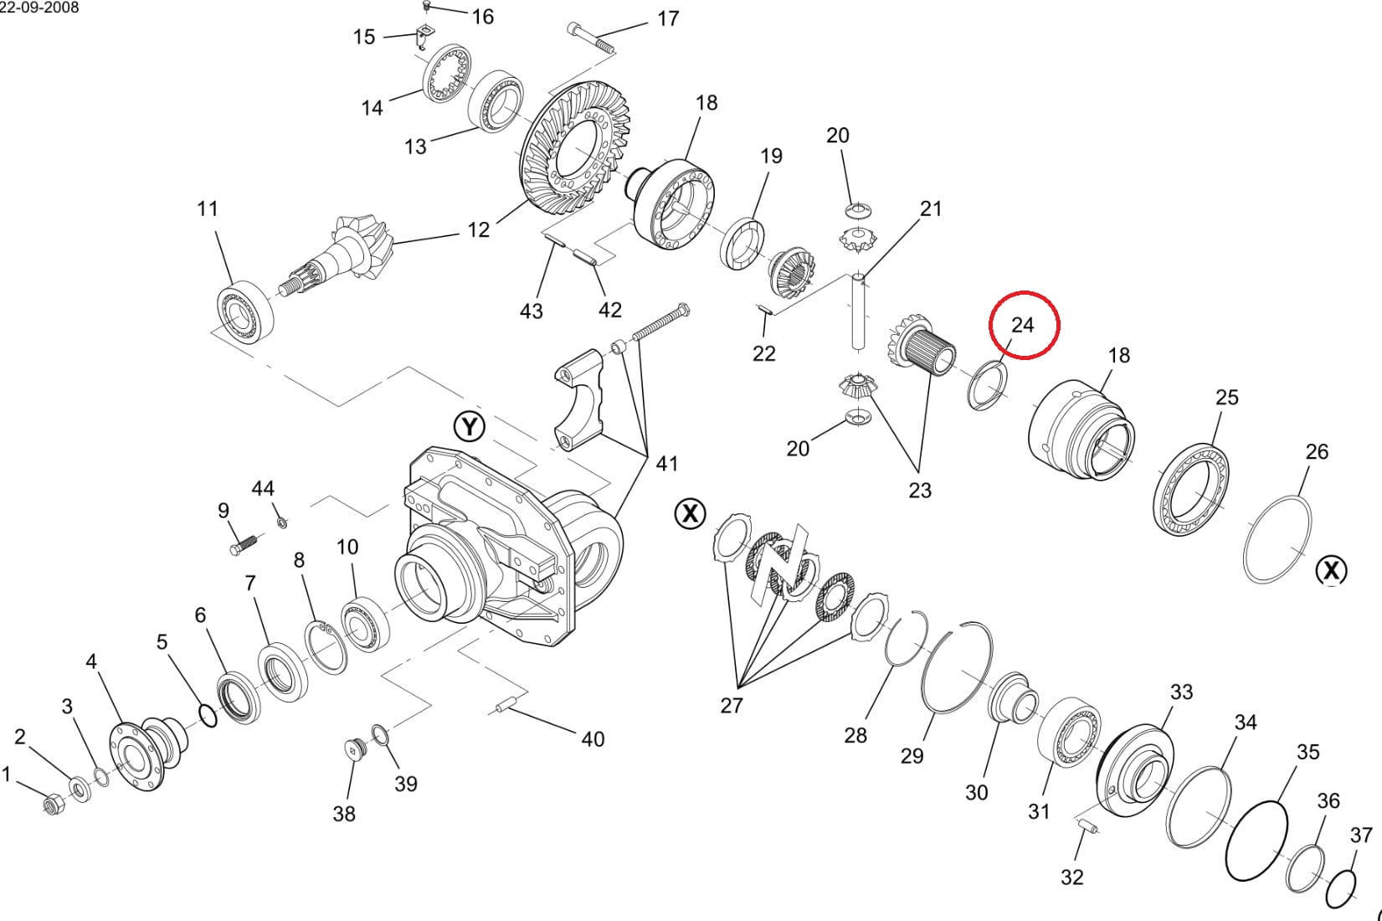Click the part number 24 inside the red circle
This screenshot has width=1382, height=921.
point(1022,326)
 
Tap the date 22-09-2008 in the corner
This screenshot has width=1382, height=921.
point(39,8)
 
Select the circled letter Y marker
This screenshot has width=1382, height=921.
point(470,426)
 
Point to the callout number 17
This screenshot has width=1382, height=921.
point(668,19)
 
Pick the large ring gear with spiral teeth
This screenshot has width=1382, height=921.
point(575,148)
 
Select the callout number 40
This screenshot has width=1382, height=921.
point(593,739)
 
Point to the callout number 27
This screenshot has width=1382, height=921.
point(732,705)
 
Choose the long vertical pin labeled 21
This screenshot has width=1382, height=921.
point(859,314)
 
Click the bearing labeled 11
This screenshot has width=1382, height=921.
point(245,311)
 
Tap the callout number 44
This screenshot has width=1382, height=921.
point(263,489)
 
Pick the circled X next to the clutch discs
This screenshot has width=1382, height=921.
point(690,513)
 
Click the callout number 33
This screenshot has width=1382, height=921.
point(1181,692)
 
